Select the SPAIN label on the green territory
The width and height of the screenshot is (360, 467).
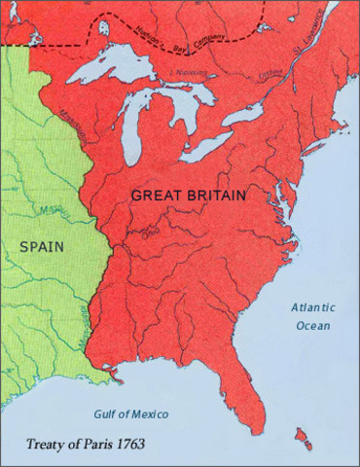pyautogui.click(x=42, y=246)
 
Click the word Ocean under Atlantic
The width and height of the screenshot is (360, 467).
pyautogui.click(x=311, y=325)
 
